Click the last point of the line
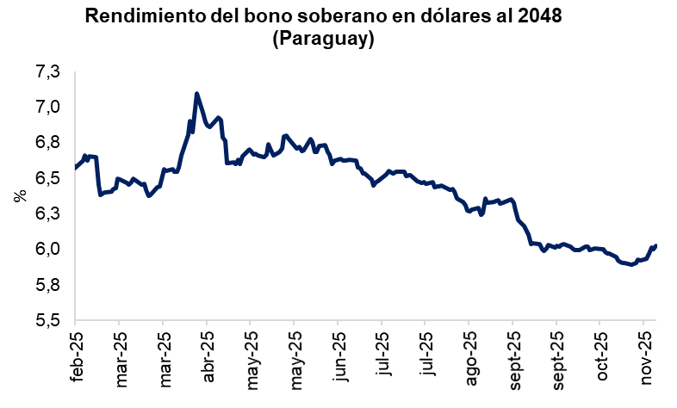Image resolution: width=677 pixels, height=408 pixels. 656,245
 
